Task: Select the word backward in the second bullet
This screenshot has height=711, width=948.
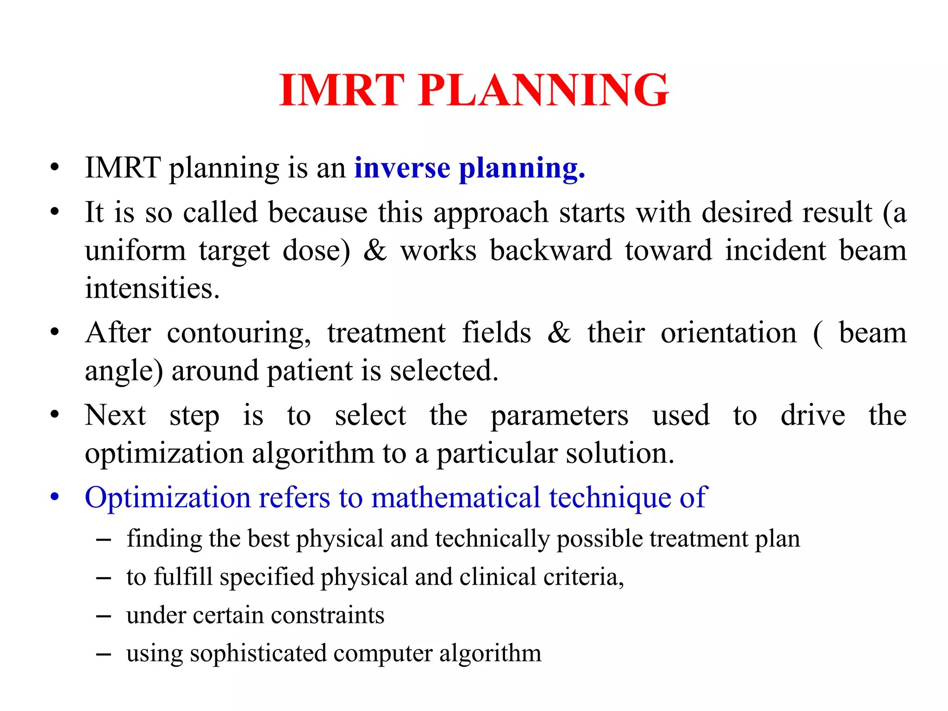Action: [551, 250]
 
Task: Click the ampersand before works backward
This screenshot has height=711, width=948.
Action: [375, 250]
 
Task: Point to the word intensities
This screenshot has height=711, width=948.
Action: [152, 288]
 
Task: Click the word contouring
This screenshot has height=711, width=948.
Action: [238, 333]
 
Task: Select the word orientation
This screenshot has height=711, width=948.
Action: [729, 333]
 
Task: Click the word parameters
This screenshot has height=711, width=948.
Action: [559, 415]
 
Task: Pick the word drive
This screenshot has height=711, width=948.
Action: [812, 415]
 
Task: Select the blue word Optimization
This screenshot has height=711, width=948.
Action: [168, 498]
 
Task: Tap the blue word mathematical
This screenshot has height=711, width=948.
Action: [456, 498]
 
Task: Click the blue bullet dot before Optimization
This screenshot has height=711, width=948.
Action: [55, 497]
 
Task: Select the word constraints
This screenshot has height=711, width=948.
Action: [327, 615]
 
